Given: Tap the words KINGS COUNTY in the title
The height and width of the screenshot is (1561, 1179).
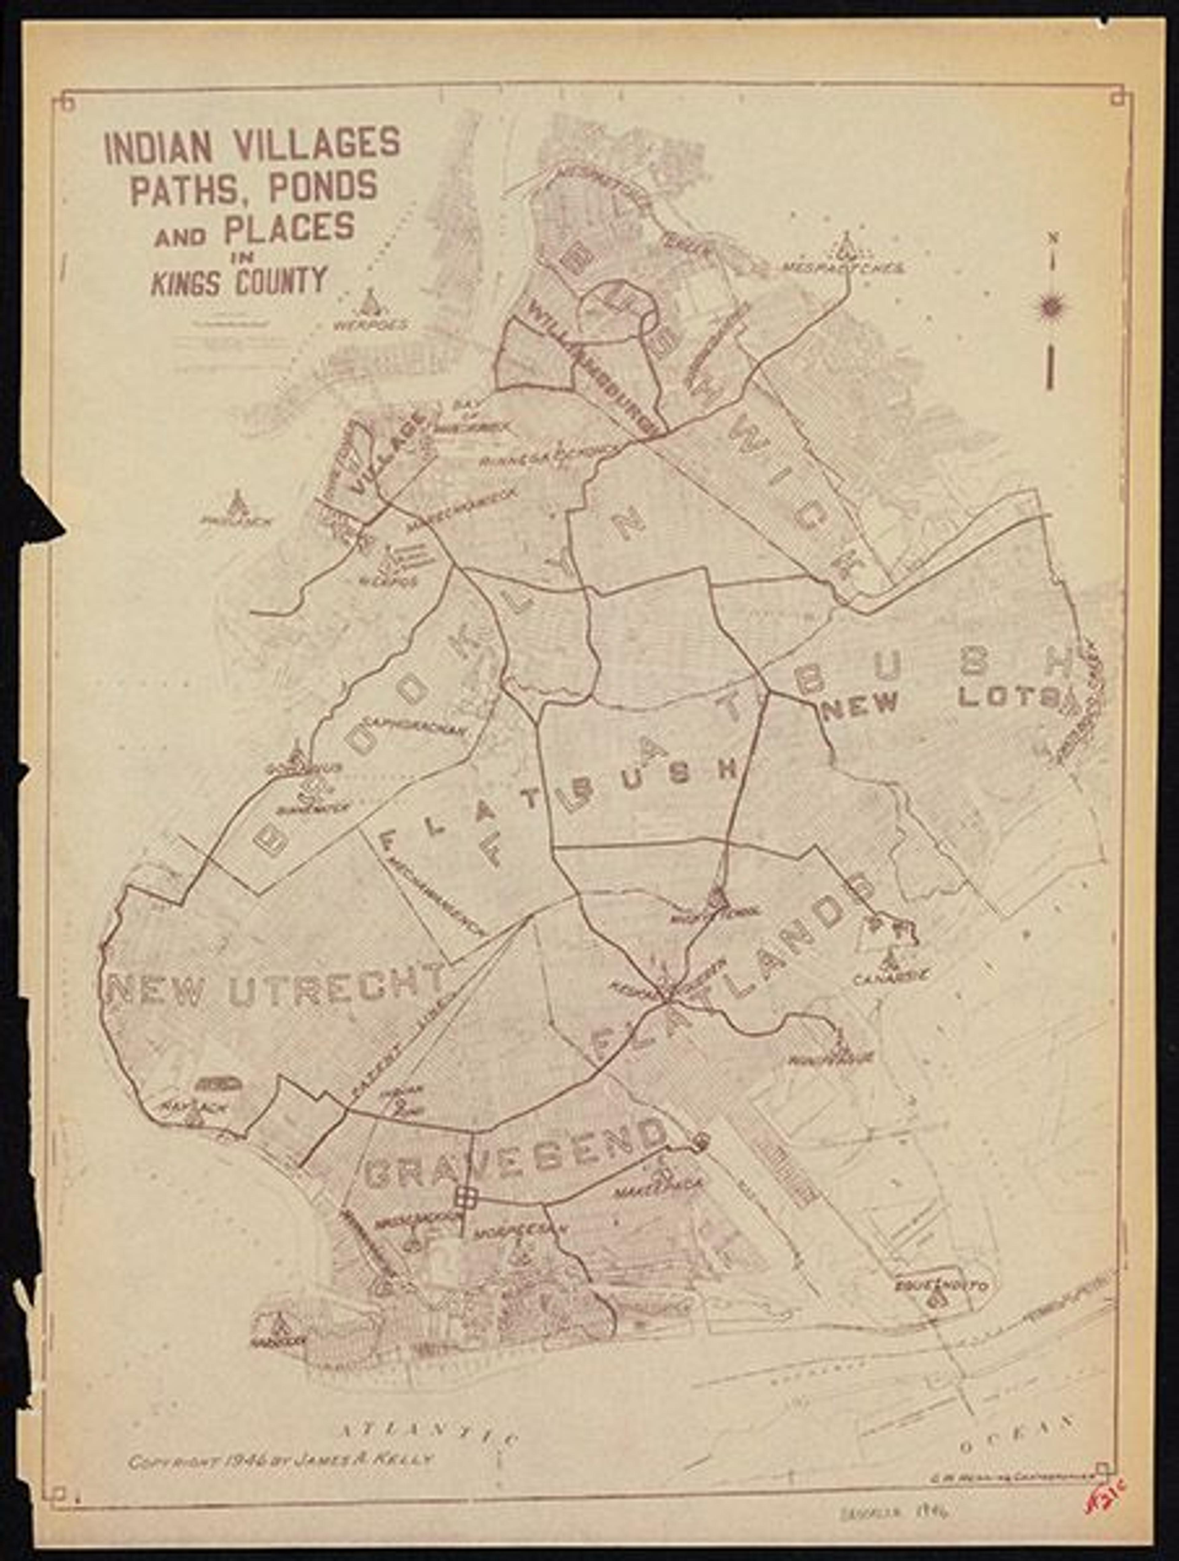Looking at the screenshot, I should click(240, 281).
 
